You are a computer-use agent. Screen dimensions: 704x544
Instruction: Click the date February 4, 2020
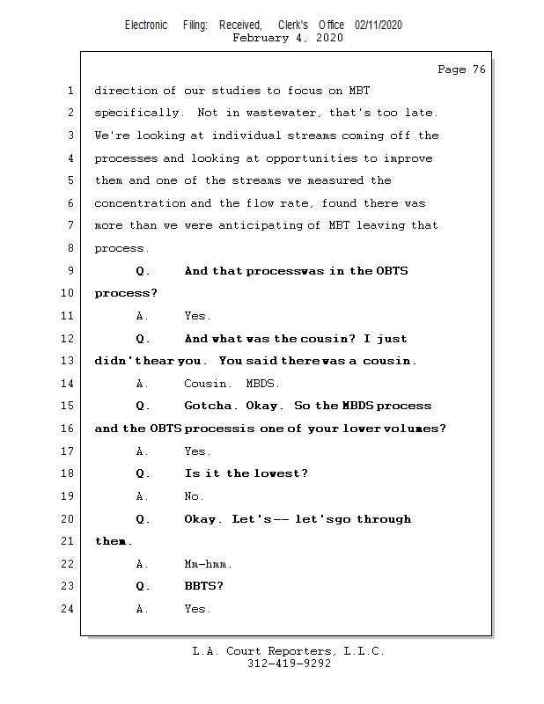tap(288, 38)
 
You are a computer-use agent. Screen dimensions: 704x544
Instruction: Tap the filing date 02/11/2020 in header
tap(379, 25)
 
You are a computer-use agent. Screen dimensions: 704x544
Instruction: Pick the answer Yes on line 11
tap(196, 316)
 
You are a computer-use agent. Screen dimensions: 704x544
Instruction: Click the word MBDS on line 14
tap(262, 384)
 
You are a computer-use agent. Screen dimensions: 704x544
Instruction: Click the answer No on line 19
tap(194, 496)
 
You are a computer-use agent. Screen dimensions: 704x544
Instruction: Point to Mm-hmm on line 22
tap(208, 564)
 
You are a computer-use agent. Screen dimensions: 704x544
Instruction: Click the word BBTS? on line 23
tap(203, 586)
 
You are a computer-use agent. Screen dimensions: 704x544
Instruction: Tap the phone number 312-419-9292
tap(288, 664)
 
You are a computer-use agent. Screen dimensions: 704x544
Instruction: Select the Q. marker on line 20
tap(143, 519)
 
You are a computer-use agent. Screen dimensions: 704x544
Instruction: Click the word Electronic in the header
tap(146, 25)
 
